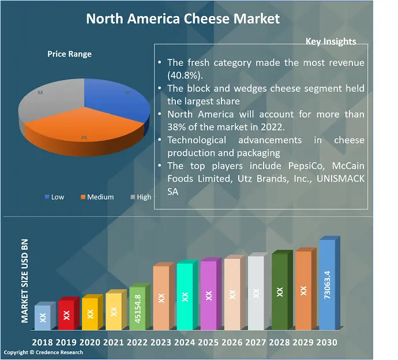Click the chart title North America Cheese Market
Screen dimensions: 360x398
coord(183,18)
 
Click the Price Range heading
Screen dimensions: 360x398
coord(69,54)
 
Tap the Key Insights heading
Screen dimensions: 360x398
coord(331,42)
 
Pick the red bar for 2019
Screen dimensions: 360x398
coord(66,315)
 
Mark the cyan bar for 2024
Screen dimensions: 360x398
coord(185,297)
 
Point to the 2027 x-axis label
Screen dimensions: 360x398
coord(256,342)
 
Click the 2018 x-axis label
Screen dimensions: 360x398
coord(43,342)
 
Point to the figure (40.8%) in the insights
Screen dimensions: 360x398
coord(184,76)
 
